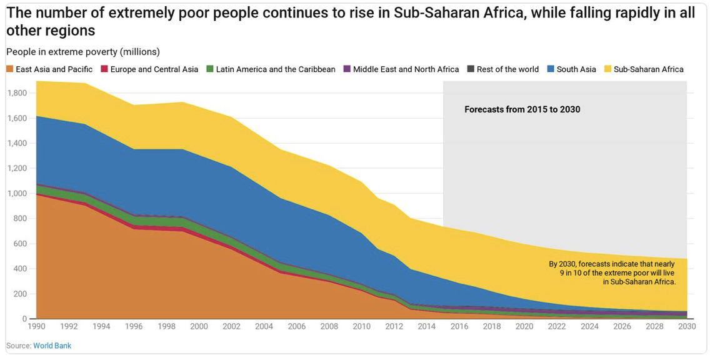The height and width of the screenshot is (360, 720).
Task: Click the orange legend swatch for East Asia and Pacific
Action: [10, 69]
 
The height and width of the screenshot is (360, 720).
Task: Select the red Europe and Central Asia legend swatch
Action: [104, 69]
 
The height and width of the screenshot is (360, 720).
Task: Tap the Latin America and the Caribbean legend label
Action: [276, 69]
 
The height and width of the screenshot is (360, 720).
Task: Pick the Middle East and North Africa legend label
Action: [406, 69]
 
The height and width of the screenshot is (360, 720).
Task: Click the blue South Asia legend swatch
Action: [551, 69]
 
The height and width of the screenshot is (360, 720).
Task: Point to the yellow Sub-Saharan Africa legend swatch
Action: [607, 69]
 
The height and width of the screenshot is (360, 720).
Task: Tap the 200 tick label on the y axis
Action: [21, 294]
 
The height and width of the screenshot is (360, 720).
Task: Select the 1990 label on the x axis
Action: [37, 326]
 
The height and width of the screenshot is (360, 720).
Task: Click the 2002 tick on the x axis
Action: [232, 326]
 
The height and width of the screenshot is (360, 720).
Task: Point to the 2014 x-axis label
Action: [427, 326]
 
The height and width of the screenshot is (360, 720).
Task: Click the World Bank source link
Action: [52, 346]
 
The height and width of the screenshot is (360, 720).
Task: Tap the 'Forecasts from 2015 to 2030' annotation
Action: [522, 109]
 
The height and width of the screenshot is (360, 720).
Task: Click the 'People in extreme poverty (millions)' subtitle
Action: [82, 52]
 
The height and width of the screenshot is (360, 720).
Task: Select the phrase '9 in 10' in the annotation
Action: [574, 272]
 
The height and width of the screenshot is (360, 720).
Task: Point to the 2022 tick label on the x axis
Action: [556, 326]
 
